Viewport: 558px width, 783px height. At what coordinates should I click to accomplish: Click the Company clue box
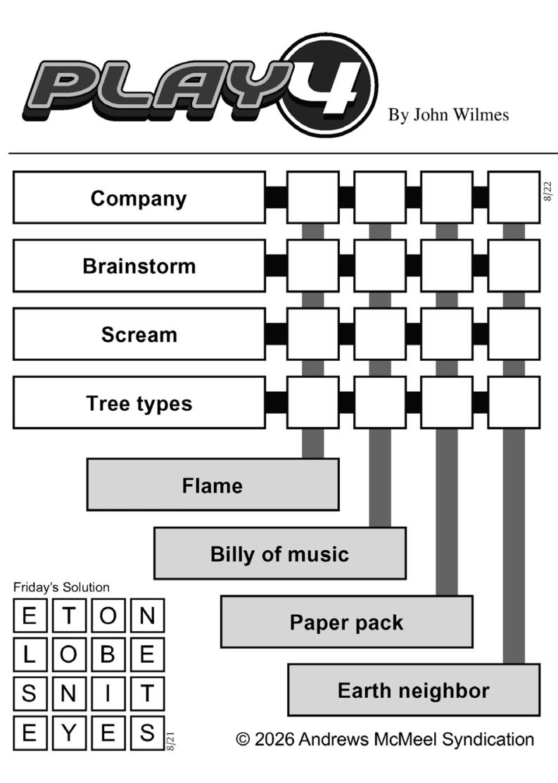(139, 197)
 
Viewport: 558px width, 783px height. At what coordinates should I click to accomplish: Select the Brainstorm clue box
(139, 266)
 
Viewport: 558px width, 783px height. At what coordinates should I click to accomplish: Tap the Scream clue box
(139, 334)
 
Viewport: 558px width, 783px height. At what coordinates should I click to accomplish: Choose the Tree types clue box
(139, 402)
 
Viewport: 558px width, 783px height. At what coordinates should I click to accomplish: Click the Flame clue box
(213, 485)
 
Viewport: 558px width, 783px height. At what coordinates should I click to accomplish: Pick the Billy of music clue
(280, 553)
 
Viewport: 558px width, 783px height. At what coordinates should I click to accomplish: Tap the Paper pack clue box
(347, 622)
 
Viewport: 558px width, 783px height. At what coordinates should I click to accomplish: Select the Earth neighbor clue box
(414, 690)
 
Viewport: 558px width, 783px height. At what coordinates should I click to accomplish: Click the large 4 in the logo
(328, 86)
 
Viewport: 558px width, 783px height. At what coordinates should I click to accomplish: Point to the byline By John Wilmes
(449, 115)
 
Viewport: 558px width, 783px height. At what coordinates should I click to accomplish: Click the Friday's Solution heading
(61, 587)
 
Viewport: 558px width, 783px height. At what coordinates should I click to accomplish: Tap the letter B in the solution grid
(108, 654)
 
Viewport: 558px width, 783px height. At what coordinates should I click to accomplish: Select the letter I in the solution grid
(108, 694)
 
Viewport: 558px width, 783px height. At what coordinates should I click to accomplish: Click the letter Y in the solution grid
(69, 733)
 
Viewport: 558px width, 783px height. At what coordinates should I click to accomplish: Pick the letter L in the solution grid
(30, 654)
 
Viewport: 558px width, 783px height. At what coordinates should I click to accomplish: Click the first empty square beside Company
(313, 197)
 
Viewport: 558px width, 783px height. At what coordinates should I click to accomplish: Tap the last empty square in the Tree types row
(514, 402)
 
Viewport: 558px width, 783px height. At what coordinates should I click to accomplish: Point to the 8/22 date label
(548, 191)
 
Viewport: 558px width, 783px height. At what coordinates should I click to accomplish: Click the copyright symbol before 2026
(243, 739)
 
